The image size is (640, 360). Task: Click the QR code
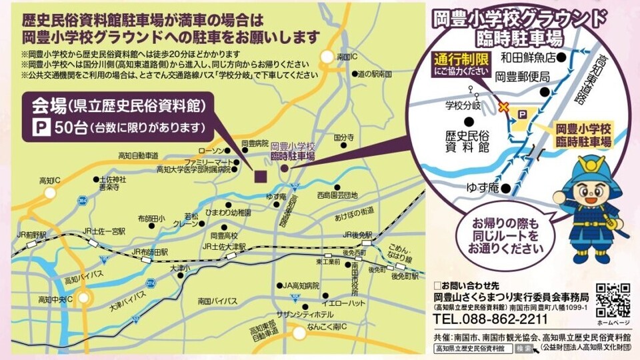613,301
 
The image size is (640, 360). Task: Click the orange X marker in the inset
504,106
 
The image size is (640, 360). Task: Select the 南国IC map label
348,57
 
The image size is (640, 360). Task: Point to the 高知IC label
50,181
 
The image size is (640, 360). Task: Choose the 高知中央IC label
55,299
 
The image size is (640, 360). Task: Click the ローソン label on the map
219,151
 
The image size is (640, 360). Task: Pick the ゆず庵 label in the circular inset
484,189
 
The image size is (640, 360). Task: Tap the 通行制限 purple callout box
462,63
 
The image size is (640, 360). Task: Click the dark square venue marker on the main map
259,175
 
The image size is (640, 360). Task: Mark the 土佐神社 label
113,180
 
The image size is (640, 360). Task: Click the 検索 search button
525,348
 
